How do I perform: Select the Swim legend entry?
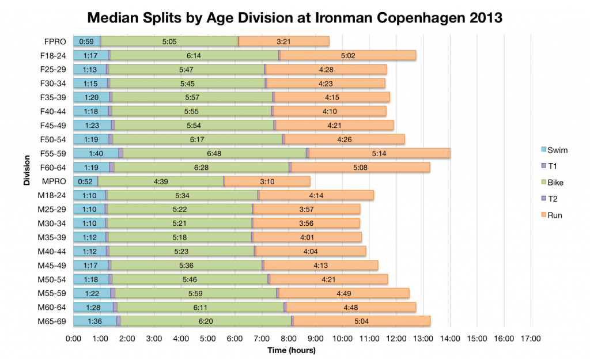(x=554, y=150)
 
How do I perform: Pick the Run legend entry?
(x=552, y=215)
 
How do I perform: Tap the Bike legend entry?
(x=553, y=183)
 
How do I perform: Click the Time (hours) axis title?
(x=291, y=350)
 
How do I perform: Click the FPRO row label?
(x=58, y=41)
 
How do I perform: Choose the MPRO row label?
(x=58, y=180)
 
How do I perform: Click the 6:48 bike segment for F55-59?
(x=214, y=153)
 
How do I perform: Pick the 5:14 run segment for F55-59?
(x=379, y=153)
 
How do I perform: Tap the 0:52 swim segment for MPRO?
(x=85, y=181)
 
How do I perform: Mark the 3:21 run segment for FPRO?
(x=283, y=41)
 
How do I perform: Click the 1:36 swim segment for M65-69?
(x=94, y=320)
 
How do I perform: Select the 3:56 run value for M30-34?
(x=306, y=222)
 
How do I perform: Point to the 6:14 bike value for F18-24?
(x=194, y=55)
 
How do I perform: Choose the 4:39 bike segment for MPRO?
(x=161, y=181)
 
